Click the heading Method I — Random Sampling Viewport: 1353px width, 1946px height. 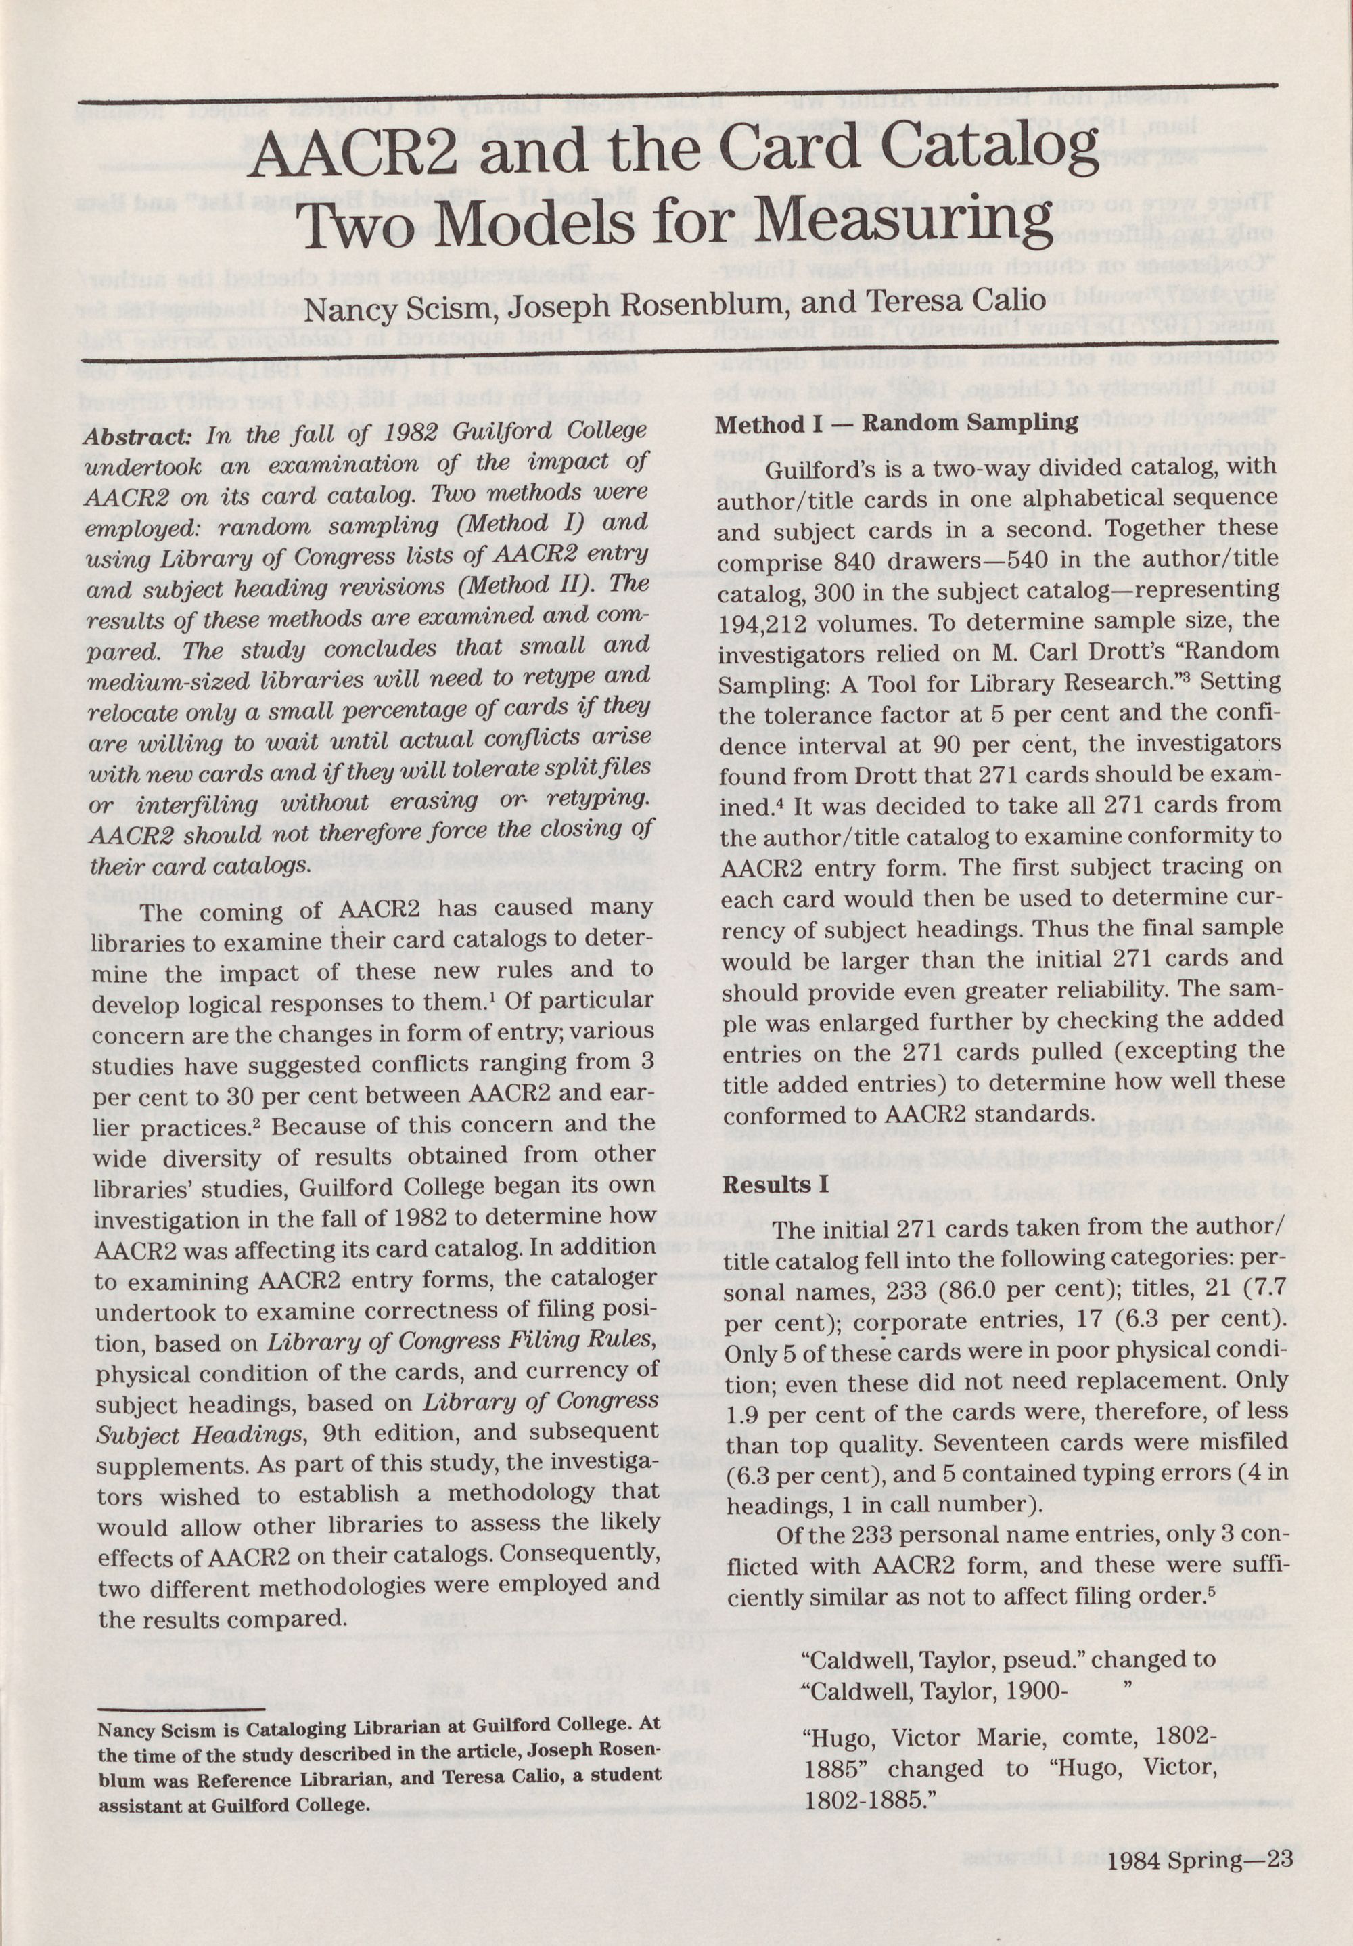pos(897,423)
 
